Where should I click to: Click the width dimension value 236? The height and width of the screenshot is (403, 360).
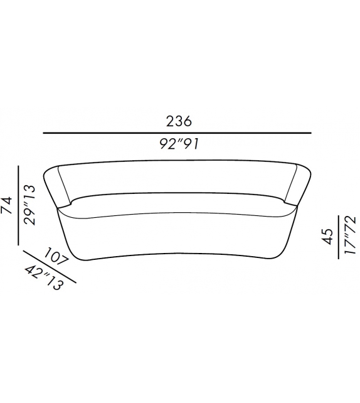pos(179,121)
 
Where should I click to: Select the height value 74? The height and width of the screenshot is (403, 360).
pos(8,206)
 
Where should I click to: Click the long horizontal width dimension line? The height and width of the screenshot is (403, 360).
pos(177,133)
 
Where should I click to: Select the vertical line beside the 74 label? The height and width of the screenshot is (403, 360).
pos(18,206)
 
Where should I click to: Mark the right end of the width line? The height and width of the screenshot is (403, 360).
pos(311,133)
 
